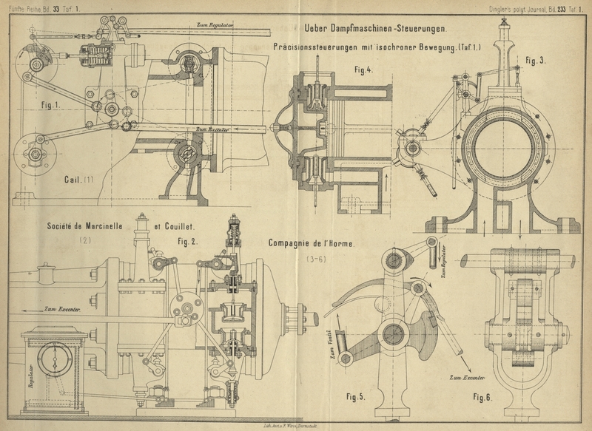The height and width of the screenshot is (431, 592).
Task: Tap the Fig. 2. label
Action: tap(190, 241)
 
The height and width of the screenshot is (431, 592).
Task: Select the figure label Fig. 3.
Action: tap(536, 60)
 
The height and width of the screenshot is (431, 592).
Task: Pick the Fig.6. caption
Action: tap(487, 396)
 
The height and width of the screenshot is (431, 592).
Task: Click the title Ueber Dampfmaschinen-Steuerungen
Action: tap(369, 30)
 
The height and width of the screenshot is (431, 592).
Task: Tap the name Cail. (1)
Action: tap(78, 178)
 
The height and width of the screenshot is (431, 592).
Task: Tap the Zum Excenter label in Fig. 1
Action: tap(212, 129)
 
